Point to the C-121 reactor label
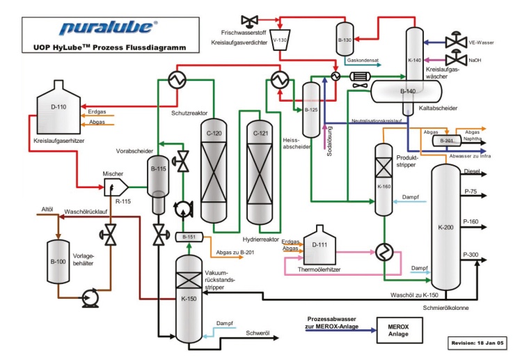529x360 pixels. coord(260,133)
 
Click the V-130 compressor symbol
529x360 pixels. coord(281,40)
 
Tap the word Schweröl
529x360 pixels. coord(258,334)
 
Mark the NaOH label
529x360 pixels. coord(475,61)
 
